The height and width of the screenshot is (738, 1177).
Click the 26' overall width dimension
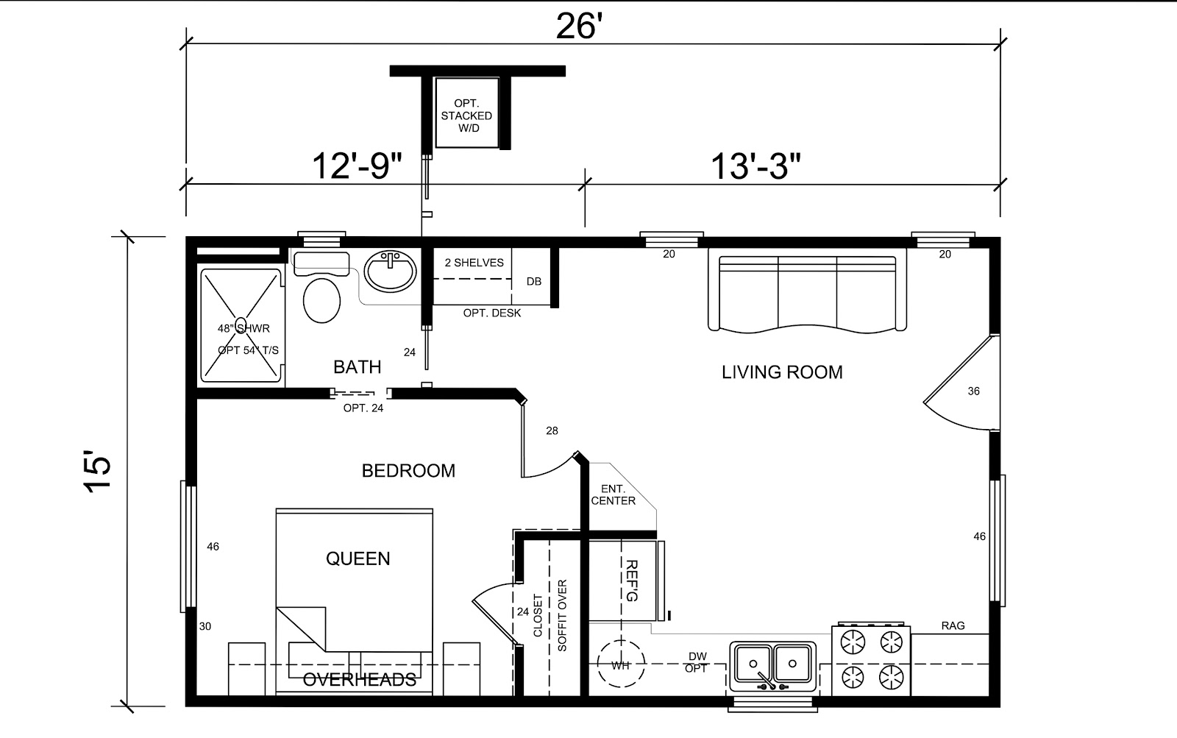click(x=578, y=26)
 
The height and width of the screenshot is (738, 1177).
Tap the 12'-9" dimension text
click(x=358, y=166)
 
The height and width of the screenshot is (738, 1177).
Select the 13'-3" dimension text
click(x=755, y=166)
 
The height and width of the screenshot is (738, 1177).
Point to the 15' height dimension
click(x=98, y=471)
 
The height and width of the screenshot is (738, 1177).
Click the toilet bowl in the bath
click(x=321, y=300)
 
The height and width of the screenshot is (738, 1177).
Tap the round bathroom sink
click(x=390, y=272)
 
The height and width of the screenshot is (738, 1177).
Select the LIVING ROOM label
click(x=782, y=372)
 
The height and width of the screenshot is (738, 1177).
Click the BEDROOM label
click(x=408, y=470)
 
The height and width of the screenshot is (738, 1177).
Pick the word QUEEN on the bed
click(x=358, y=558)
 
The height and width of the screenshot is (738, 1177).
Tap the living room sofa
click(x=807, y=291)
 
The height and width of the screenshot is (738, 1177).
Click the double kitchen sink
click(x=772, y=666)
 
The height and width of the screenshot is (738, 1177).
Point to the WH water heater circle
click(x=621, y=664)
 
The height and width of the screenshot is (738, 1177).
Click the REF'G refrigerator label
click(x=631, y=581)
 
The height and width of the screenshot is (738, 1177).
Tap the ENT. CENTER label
click(x=614, y=495)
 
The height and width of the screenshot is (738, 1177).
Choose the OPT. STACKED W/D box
click(x=466, y=113)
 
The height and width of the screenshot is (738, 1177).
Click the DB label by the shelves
click(x=534, y=281)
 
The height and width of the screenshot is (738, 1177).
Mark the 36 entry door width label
click(x=974, y=391)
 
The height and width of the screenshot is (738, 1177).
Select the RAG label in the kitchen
click(x=953, y=625)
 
